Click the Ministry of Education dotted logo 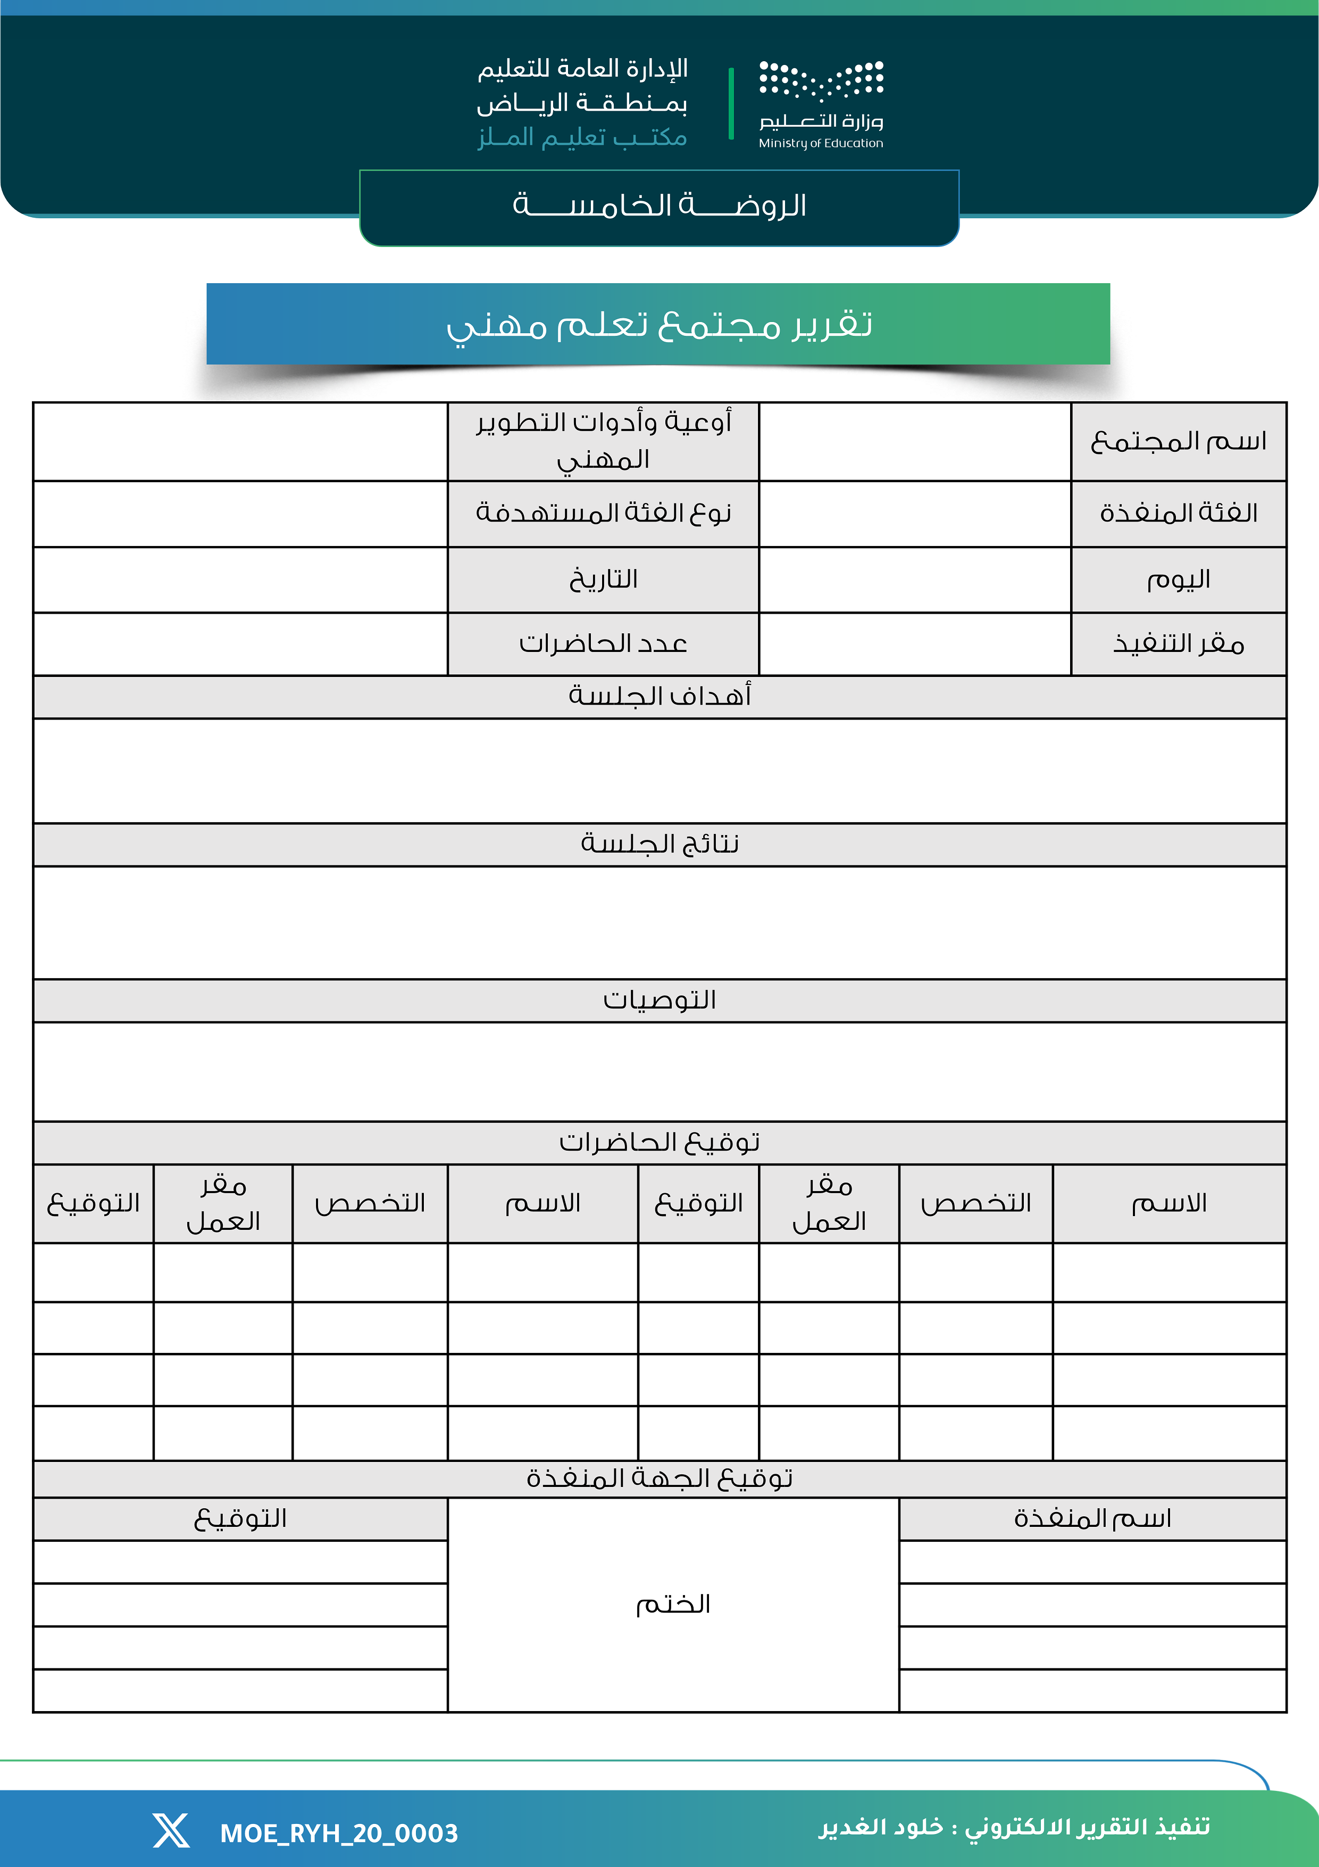821,81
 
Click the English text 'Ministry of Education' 821,143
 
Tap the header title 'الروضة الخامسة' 659,205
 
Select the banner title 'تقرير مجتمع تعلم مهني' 659,325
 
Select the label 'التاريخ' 603,580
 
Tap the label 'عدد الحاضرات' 603,644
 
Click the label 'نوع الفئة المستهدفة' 603,513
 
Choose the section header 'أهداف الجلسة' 659,696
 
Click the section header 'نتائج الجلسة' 659,844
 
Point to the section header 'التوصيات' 659,1000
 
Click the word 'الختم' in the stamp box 673,1604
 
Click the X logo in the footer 171,1830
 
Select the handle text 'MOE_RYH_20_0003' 339,1833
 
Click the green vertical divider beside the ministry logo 731,103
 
